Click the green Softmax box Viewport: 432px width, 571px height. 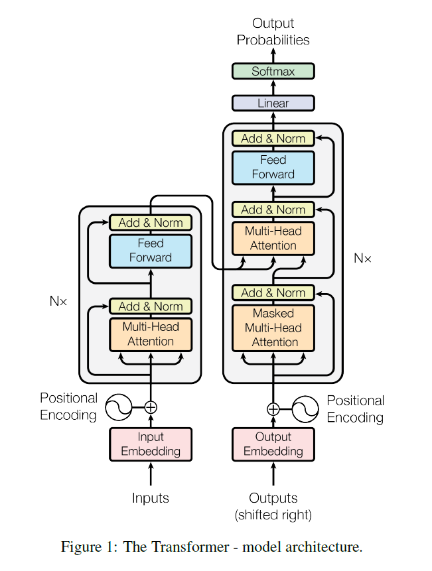pyautogui.click(x=273, y=71)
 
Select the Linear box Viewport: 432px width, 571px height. pyautogui.click(x=273, y=103)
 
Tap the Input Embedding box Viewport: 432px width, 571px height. pyautogui.click(x=151, y=444)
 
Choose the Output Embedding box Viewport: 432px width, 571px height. pyautogui.click(x=273, y=444)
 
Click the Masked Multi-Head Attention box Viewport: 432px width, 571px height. pyautogui.click(x=273, y=328)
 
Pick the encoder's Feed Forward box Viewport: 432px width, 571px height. pyautogui.click(x=151, y=251)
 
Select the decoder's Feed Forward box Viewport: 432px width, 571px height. pyautogui.click(x=273, y=168)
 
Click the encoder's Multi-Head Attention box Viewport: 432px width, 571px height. pyautogui.click(x=151, y=335)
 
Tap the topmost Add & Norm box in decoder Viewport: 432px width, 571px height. pyautogui.click(x=273, y=139)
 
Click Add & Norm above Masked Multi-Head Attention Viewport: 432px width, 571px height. pyautogui.click(x=273, y=292)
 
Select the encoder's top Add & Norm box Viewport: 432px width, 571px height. pyautogui.click(x=151, y=223)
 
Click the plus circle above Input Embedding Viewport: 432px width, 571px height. pyautogui.click(x=151, y=407)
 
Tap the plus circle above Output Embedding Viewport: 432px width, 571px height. pyautogui.click(x=273, y=409)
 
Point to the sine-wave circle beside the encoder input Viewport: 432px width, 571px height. pyautogui.click(x=119, y=407)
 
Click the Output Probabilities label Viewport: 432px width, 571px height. pyautogui.click(x=273, y=31)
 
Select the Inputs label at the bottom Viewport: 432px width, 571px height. pyautogui.click(x=151, y=498)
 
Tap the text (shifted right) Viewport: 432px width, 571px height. pyautogui.click(x=273, y=515)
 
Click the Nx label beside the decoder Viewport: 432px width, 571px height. pyautogui.click(x=362, y=258)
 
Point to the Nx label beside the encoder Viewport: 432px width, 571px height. pyautogui.click(x=58, y=301)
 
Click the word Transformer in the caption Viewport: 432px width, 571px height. pyautogui.click(x=190, y=547)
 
